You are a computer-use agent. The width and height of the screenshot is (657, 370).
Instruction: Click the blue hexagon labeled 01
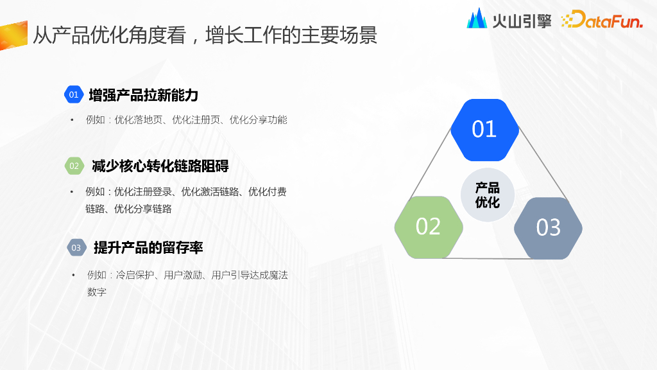pos(484,129)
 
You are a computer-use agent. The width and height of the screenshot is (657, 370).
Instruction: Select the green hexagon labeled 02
pos(428,226)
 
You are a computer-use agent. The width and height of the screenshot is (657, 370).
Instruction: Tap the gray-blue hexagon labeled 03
pos(548,227)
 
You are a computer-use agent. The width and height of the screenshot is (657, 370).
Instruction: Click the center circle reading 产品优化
pos(488,195)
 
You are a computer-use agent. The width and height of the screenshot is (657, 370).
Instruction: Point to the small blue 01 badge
pos(74,95)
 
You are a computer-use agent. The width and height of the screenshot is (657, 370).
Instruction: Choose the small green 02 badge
pos(74,166)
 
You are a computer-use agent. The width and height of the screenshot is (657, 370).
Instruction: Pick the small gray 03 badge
pos(76,247)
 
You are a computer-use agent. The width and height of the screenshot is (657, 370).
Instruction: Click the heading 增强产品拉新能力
pos(144,95)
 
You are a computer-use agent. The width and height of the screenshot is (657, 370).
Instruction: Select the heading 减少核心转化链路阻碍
pos(160,166)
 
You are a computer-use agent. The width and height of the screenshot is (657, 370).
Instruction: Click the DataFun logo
pos(602,21)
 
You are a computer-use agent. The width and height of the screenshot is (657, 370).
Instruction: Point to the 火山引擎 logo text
pos(522,21)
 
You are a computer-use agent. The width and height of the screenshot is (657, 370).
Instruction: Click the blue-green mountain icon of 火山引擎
pos(477,19)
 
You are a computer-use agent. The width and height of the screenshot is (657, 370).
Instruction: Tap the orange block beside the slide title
pos(13,35)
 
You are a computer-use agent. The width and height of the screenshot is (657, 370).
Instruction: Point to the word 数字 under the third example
pos(96,292)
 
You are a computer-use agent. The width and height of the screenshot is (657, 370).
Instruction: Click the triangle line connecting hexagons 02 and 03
pos(488,258)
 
